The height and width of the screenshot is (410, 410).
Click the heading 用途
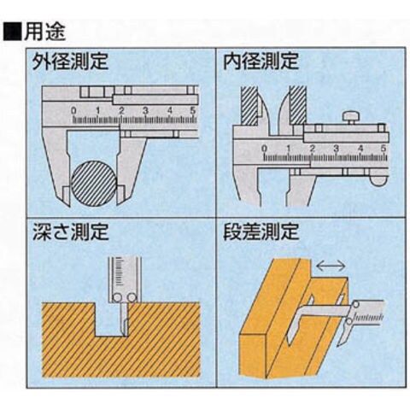pos(44,31)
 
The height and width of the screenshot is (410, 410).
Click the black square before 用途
pos(12,32)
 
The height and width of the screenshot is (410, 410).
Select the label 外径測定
pos(70,61)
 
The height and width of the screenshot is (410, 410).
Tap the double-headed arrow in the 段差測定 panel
pos(331,266)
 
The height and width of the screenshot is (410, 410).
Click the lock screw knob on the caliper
pos(351,118)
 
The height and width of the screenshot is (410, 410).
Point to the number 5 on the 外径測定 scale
pos(193,111)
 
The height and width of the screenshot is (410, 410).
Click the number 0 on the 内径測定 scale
pos(265,149)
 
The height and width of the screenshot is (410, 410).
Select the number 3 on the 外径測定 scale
pos(145,111)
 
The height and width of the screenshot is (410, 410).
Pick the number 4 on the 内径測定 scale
pos(360,149)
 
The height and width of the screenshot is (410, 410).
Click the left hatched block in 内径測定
pos(249,105)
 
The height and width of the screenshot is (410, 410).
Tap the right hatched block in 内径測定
pos(298,105)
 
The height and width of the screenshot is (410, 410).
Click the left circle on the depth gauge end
pos(117,298)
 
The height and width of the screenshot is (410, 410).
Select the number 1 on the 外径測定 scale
pos(97,111)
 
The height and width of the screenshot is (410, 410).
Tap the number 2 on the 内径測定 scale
pos(313,149)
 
